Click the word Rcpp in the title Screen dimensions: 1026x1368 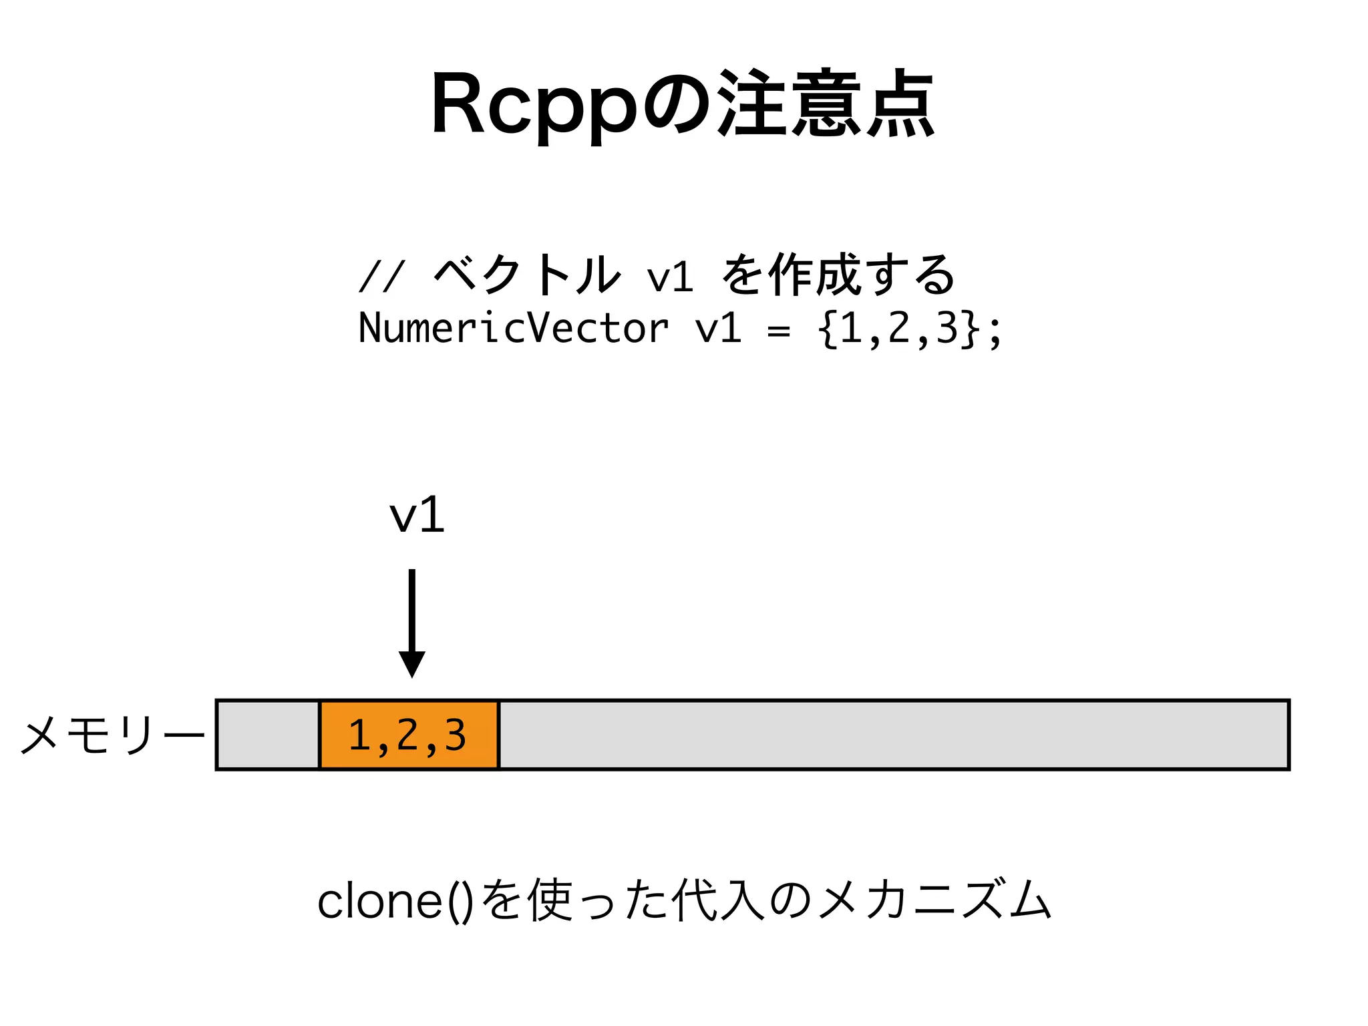tap(534, 107)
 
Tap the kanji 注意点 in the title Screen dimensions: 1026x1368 tap(825, 104)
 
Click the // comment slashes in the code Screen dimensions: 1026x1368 tap(381, 275)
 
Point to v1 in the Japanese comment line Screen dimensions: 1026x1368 tap(669, 275)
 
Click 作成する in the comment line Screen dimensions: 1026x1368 tap(862, 274)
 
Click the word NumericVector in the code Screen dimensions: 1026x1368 tap(513, 329)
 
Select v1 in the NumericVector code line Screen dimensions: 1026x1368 tap(718, 329)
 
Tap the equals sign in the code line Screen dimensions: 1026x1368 tap(779, 330)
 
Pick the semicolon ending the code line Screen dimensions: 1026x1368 tap(995, 331)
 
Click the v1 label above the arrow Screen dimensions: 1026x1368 tap(417, 516)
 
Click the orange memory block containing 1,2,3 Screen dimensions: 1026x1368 tap(409, 735)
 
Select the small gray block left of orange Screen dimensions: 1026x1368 tap(269, 735)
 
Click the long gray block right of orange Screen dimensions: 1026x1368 tap(894, 735)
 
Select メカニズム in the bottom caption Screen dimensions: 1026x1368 tap(935, 900)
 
